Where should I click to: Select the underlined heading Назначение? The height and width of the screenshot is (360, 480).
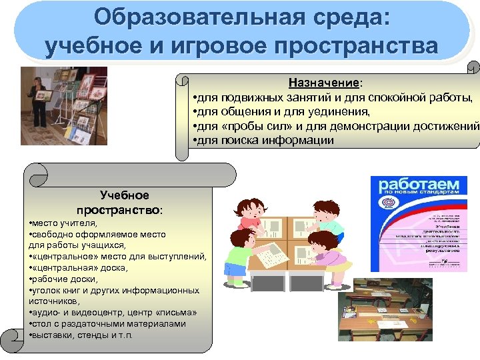point(324,83)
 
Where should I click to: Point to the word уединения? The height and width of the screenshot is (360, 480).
point(336,111)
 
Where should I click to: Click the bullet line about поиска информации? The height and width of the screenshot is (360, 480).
point(263,140)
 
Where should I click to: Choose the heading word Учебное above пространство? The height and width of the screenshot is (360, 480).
point(125,195)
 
